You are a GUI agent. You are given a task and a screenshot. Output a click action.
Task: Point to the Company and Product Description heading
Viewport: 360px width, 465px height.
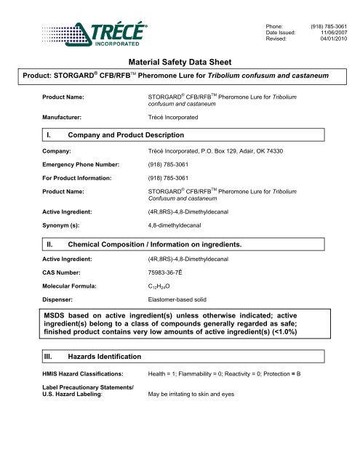tap(122, 135)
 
